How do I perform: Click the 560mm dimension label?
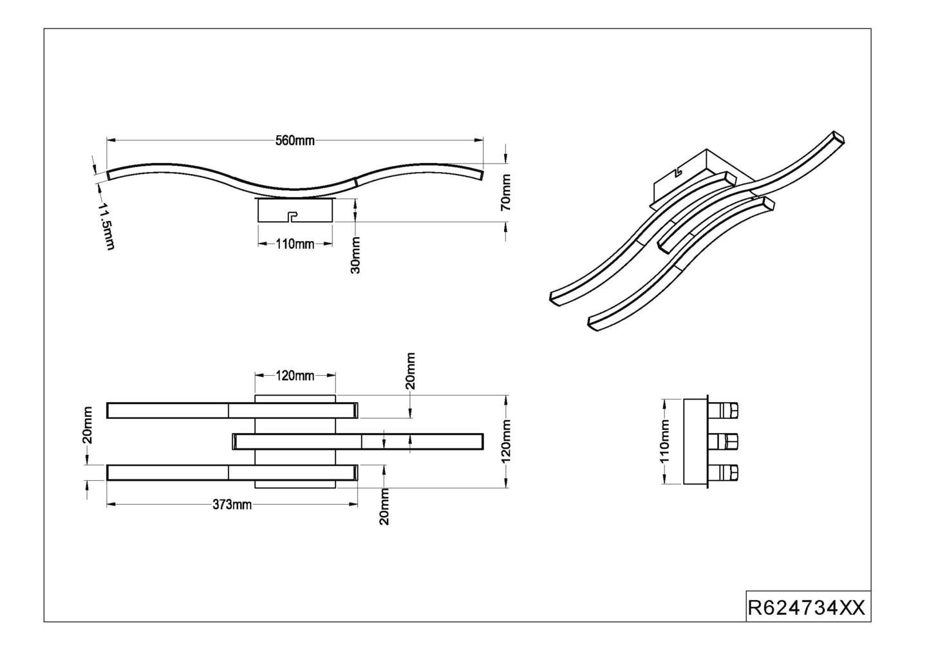point(295,140)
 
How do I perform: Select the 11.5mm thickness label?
point(106,226)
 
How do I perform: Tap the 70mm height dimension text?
point(506,192)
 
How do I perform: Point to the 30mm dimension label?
point(355,255)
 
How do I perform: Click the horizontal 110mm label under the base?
point(295,244)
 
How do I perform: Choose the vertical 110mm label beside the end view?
point(665,441)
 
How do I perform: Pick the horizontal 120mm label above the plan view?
point(295,376)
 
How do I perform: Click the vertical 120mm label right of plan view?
point(506,441)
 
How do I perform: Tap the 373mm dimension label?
point(232,505)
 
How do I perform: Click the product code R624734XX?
point(807,608)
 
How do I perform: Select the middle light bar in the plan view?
point(357,441)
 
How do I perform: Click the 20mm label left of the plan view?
point(88,425)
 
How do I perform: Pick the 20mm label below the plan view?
point(384,506)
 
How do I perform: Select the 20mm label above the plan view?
point(411,371)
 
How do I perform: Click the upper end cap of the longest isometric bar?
point(837,138)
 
